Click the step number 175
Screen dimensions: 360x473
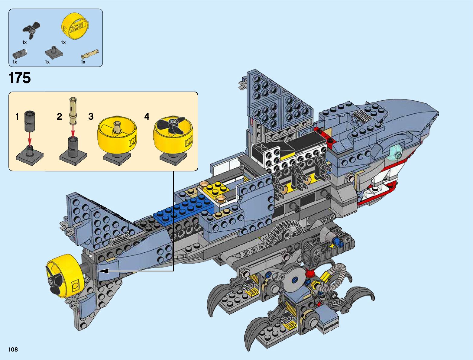(x=20, y=78)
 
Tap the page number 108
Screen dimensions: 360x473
(x=13, y=350)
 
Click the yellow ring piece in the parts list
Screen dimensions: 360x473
(x=76, y=26)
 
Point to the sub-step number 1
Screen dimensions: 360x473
(x=17, y=116)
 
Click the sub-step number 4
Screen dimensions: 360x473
(x=147, y=116)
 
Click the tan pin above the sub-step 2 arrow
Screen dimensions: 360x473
(x=73, y=110)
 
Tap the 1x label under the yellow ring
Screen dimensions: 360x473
(x=63, y=42)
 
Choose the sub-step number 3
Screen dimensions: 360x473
(x=91, y=116)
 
